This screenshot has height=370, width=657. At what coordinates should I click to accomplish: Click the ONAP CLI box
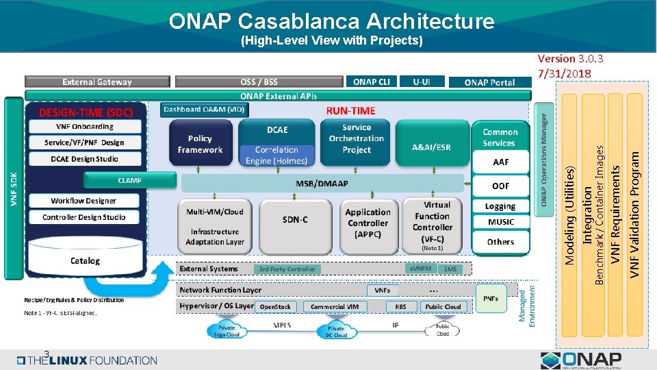point(372,82)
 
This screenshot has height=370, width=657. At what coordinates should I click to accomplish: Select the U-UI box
point(422,82)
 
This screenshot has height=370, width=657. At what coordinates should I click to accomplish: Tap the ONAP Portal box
point(489,82)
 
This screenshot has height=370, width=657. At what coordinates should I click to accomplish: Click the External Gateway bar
point(97,82)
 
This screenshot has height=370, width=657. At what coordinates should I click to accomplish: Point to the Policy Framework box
point(200,144)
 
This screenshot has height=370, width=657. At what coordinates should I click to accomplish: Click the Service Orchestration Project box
point(357,139)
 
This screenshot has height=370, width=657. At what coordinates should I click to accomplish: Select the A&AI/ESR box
point(431,147)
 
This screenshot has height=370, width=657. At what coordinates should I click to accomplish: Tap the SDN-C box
point(295,220)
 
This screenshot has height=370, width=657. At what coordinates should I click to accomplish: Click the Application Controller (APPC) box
point(368,223)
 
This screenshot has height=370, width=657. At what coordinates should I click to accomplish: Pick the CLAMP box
point(129,181)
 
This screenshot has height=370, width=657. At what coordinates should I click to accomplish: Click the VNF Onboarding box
point(85,127)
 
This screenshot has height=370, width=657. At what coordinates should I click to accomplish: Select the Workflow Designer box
point(83,201)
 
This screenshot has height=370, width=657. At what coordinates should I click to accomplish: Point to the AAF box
point(501,163)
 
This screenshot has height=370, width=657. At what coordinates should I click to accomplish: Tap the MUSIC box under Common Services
point(501,222)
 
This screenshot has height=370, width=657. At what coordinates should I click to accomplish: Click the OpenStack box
point(275,307)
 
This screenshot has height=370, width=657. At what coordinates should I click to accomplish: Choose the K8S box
point(400,307)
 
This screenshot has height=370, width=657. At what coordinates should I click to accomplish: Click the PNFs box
point(491,298)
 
